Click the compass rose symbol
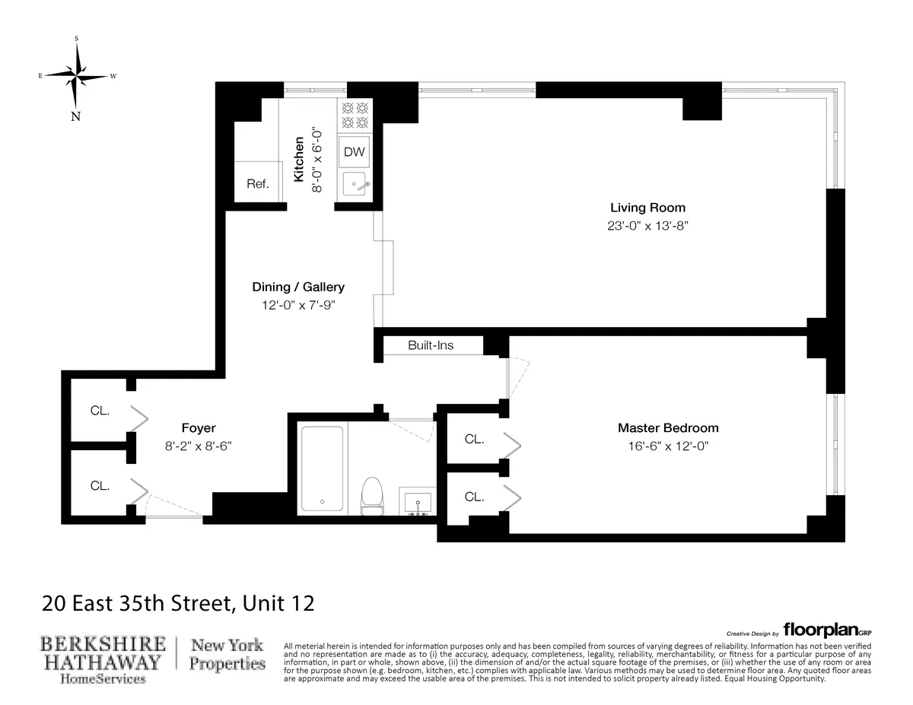[76, 75]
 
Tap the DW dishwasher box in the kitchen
[355, 152]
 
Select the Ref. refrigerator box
[258, 183]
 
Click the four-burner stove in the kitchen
[354, 116]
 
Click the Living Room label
[647, 208]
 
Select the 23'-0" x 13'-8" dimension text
[647, 225]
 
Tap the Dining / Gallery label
[298, 287]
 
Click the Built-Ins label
[431, 345]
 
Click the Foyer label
[199, 428]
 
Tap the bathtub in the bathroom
[322, 469]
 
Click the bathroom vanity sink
[415, 503]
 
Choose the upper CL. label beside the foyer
[100, 411]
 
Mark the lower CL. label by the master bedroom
[474, 497]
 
